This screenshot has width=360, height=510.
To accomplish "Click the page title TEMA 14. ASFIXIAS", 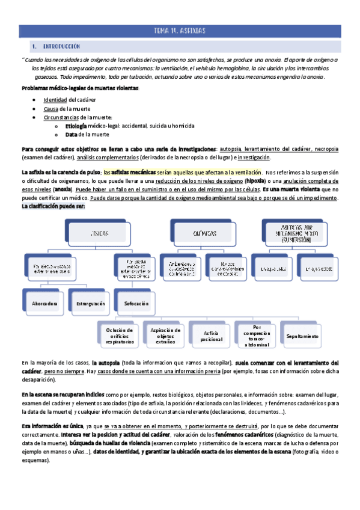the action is click(x=180, y=31).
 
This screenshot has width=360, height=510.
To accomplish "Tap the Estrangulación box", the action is click(x=90, y=304).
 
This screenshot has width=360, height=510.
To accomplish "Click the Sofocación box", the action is click(x=136, y=304).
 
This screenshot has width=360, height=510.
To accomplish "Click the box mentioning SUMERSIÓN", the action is click(x=299, y=232).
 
